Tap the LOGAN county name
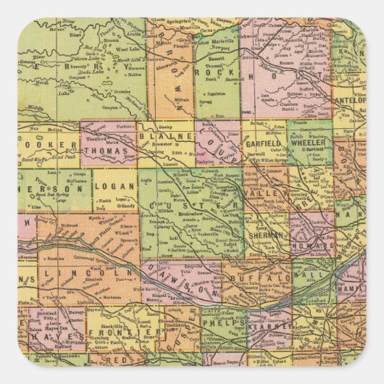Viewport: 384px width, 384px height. pyautogui.click(x=114, y=186)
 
